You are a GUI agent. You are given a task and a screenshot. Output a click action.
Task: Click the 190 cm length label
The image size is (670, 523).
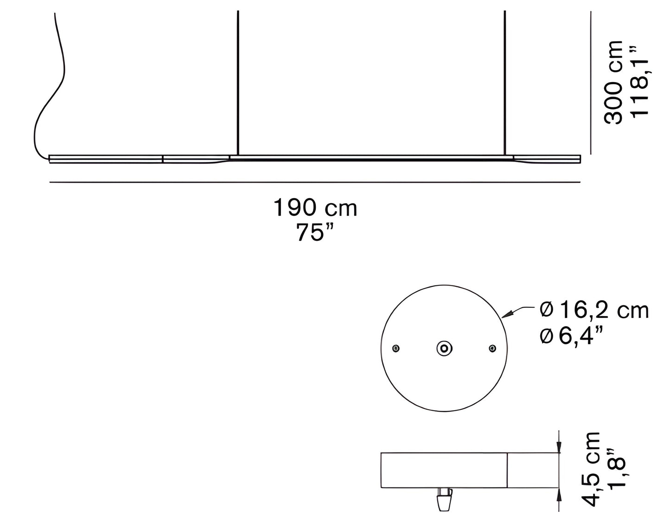315,208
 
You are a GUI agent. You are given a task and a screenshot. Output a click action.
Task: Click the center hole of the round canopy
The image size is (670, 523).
444,348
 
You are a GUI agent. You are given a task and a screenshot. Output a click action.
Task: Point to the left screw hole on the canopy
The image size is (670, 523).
396,348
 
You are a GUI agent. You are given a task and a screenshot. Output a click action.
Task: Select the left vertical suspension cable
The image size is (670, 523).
237,84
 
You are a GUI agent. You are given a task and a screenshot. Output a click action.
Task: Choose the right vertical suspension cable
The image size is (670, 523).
504,84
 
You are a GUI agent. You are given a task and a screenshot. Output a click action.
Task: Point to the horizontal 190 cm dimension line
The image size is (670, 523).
315,182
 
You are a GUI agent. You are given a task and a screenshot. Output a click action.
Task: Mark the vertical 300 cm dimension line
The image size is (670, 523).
591,84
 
